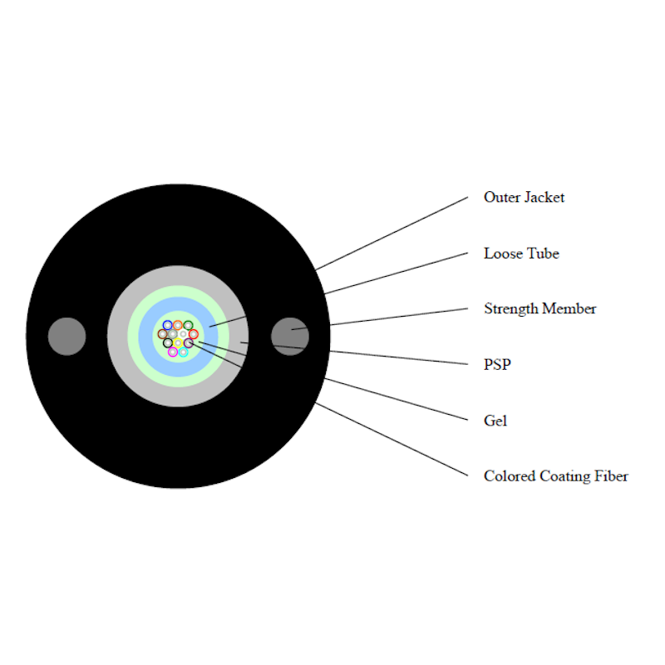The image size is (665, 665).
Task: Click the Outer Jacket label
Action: click(524, 198)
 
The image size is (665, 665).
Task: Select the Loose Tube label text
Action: click(521, 254)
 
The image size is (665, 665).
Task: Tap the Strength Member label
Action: click(539, 309)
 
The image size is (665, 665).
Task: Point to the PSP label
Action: click(496, 365)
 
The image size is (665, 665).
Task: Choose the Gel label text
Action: click(495, 421)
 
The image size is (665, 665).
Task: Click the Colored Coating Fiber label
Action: click(555, 476)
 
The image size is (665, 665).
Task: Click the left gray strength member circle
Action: click(67, 336)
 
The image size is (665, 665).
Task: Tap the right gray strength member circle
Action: click(290, 336)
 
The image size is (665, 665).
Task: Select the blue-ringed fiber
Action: click(168, 325)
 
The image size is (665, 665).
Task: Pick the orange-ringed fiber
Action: click(178, 325)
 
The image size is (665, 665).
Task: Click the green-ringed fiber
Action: click(188, 325)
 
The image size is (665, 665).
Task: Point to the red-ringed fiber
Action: click(193, 334)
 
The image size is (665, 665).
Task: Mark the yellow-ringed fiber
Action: click(178, 343)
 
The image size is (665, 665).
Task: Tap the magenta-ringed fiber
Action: click(173, 352)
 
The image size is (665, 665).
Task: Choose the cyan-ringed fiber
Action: click(183, 352)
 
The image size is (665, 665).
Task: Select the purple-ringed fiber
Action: click(189, 343)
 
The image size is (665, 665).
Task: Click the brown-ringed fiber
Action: click(163, 334)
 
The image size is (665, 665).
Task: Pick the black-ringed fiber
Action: click(168, 343)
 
